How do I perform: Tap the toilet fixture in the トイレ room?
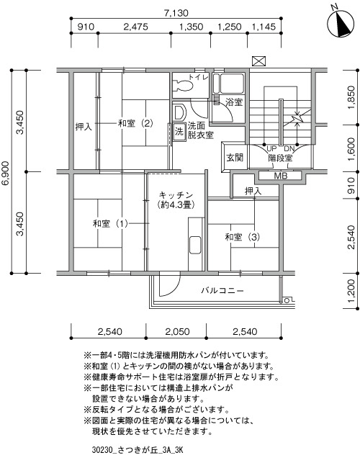[x=183, y=86]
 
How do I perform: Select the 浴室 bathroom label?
[x=233, y=102]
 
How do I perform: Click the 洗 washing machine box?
[x=179, y=131]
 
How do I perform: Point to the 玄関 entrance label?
[x=235, y=158]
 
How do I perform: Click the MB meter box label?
[x=281, y=176]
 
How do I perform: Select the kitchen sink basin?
[x=195, y=245]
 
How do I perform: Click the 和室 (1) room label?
[x=110, y=223]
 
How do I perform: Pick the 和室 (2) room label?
[x=135, y=123]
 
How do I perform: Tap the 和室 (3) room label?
[x=243, y=237]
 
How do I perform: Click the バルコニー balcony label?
[x=222, y=291]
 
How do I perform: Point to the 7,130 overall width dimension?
[x=176, y=13]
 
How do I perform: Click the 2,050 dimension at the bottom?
[x=177, y=332]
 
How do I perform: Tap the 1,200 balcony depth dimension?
[x=351, y=291]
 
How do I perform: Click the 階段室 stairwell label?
[x=280, y=158]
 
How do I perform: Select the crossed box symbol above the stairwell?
[x=259, y=61]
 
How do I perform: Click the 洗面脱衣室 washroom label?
[x=201, y=130]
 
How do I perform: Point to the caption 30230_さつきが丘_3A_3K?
[x=138, y=450]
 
